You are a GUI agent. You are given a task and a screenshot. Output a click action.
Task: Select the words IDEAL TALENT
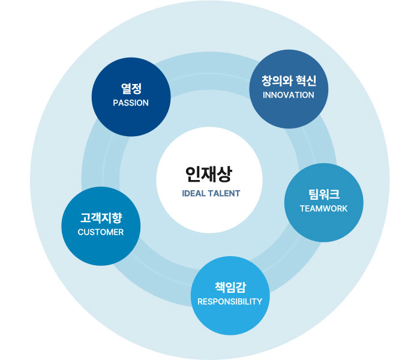(x=211, y=194)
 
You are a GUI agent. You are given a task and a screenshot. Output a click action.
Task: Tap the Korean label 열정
(x=131, y=89)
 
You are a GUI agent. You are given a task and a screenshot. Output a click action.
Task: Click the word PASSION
(x=131, y=103)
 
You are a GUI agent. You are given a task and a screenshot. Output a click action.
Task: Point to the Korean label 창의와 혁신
(x=289, y=81)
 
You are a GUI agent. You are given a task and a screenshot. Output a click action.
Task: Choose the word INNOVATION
(x=289, y=95)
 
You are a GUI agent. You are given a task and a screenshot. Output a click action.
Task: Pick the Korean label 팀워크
(x=323, y=194)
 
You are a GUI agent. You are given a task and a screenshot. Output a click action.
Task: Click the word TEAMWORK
(x=323, y=208)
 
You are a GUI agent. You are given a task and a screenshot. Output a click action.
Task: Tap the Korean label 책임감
(x=230, y=287)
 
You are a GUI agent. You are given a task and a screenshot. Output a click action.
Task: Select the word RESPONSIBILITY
(x=230, y=301)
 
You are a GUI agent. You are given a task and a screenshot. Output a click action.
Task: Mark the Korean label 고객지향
(x=101, y=218)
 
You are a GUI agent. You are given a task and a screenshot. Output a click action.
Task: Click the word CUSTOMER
(x=101, y=232)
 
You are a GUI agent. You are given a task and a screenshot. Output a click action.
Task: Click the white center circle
(x=209, y=156)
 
